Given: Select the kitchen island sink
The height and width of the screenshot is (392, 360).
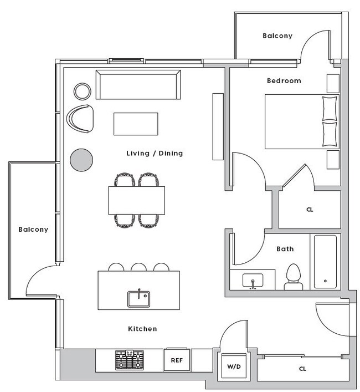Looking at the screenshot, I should pos(138,299).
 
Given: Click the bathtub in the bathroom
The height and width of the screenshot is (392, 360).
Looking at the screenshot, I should pos(325,262).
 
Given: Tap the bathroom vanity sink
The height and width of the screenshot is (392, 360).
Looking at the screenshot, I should pos(253,280).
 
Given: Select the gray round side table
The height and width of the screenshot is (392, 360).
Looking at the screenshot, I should pos(81,160).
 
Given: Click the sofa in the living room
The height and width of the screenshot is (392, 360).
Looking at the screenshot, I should pos(138,85).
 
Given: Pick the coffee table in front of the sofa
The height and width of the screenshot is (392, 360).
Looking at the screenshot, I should pos(136,124).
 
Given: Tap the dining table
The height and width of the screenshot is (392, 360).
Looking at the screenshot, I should pos(137,200).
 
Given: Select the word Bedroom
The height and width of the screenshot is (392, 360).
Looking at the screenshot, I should pos(284,81).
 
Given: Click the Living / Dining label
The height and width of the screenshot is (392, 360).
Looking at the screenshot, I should pos(155,154).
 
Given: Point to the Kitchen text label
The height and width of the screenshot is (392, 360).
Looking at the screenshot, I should pos(142,329).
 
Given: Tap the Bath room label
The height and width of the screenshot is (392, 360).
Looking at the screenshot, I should pos(285,250).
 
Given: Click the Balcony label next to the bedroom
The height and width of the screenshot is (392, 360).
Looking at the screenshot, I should pos(277,36).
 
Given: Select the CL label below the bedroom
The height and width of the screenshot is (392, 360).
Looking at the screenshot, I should pos(309,210).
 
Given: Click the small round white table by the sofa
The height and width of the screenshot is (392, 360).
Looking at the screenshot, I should pos(83,91).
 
